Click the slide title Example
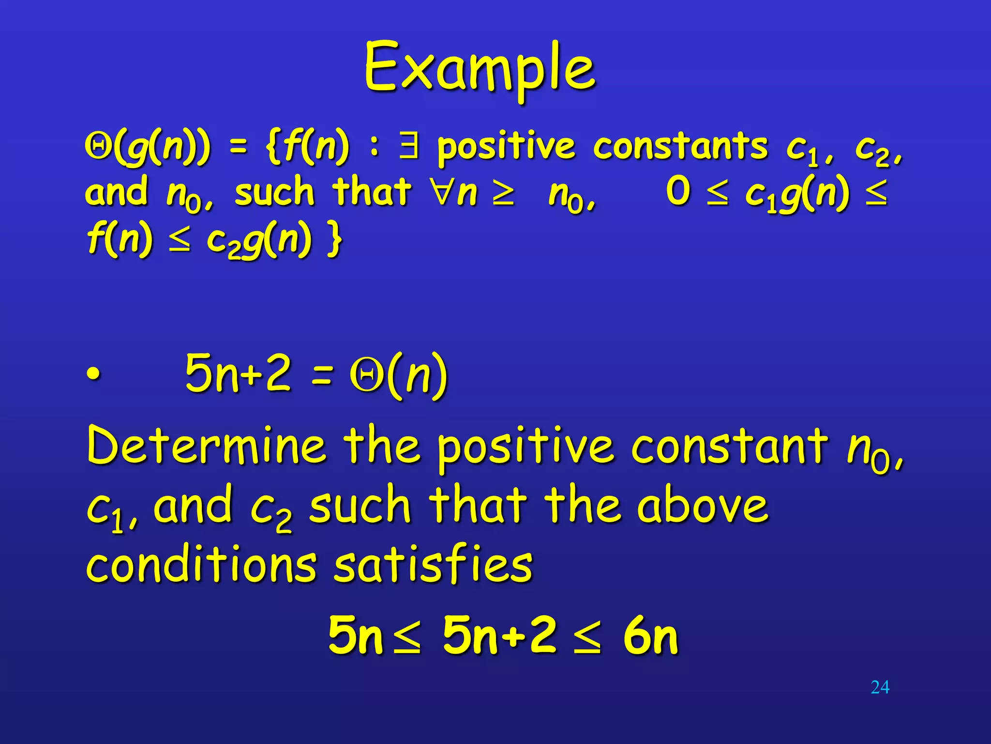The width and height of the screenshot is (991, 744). tap(480, 68)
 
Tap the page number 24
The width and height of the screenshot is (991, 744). tap(880, 687)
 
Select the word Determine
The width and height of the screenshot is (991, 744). tap(206, 445)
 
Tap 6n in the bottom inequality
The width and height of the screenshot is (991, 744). tap(650, 635)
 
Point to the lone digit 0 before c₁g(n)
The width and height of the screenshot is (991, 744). tap(677, 191)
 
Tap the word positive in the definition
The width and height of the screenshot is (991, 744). tap(506, 147)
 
